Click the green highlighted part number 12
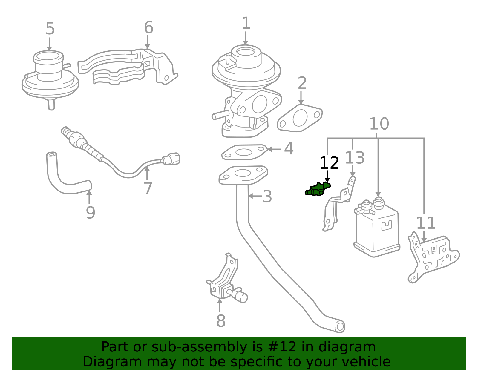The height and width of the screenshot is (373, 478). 318,189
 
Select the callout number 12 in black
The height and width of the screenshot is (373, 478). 329,163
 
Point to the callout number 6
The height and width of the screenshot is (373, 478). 149,27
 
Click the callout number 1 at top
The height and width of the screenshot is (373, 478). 246,23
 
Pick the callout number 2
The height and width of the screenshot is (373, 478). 302,83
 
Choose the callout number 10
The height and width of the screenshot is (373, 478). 379,124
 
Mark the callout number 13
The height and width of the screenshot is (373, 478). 355,158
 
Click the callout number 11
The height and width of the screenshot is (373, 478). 426,223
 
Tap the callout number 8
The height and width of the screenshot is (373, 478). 221,321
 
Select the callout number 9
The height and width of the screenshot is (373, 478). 91,212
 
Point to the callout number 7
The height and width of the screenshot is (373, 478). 148,188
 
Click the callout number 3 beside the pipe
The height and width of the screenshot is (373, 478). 267,196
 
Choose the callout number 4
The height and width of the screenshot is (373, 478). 289,149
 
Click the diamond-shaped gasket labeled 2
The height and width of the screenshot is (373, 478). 300,118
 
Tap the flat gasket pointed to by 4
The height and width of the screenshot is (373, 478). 244,152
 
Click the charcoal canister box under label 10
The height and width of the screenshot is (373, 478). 377,228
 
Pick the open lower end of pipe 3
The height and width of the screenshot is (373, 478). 340,327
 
